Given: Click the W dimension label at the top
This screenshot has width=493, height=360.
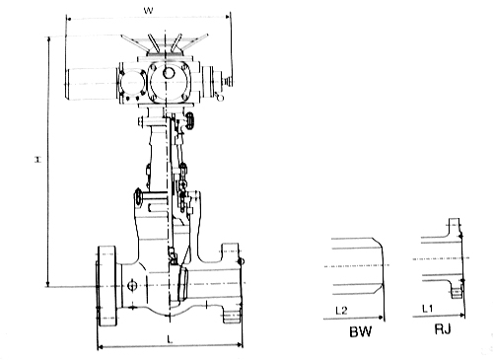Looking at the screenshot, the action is coord(148,11).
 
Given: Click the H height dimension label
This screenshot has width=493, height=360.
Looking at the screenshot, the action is coord(38,160).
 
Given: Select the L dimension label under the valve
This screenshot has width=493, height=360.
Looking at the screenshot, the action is coord(170,339).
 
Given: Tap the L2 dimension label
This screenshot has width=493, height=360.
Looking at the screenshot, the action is coord(341,310).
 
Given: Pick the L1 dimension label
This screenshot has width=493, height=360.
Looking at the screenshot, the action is coord(428,309).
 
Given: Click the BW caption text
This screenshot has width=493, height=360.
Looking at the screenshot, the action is coord(361,331).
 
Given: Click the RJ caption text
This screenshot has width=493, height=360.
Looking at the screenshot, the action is coord(443,328).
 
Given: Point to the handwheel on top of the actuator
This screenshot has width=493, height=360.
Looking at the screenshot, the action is coord(165,43).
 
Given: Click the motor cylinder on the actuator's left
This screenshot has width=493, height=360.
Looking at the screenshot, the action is coord(92,84).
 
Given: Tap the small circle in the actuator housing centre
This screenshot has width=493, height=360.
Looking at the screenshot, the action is coord(169,73).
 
